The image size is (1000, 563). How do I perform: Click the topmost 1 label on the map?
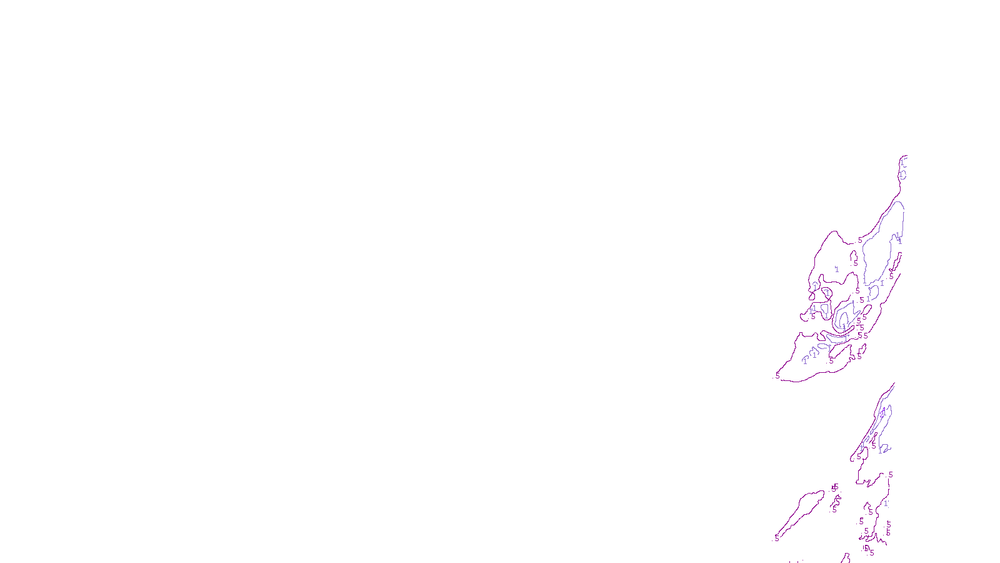coord(902,163)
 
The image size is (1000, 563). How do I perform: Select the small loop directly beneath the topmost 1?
coord(902,175)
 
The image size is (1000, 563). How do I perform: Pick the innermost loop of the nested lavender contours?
coord(844,320)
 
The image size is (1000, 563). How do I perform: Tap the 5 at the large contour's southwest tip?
coord(777,375)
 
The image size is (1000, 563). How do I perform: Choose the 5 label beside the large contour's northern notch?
coord(860,240)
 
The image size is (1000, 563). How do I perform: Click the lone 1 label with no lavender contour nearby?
coord(837,270)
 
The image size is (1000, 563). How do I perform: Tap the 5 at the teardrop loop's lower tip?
coord(777,537)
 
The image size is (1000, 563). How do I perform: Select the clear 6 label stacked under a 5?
coord(888,533)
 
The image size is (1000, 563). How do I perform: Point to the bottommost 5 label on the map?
coord(872,553)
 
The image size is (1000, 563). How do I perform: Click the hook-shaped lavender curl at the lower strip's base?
coord(884,449)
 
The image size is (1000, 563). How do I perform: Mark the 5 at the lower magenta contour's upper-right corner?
coord(891,475)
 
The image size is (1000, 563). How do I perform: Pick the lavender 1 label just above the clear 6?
coord(886,504)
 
